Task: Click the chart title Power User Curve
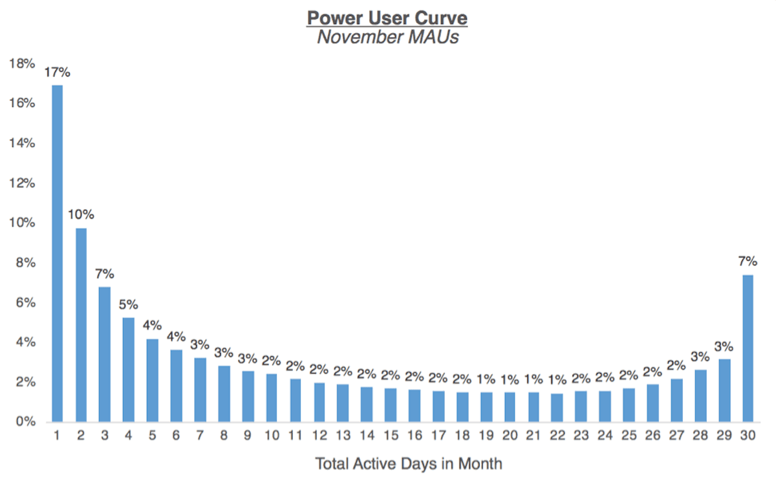387,17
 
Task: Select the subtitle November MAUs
387,38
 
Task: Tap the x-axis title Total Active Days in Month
409,464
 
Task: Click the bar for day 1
57,253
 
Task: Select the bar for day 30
748,348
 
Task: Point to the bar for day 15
391,405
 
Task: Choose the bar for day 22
557,407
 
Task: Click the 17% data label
57,73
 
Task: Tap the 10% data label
81,214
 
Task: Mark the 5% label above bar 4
129,304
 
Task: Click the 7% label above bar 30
748,262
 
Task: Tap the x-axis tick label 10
272,436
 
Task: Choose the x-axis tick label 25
629,436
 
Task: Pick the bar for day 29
724,390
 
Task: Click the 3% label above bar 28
700,356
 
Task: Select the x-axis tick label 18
462,436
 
